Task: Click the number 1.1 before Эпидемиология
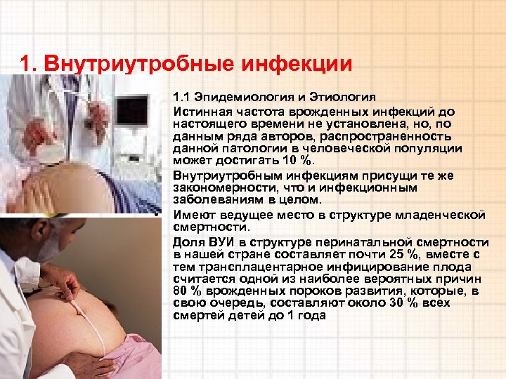pyautogui.click(x=181, y=97)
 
